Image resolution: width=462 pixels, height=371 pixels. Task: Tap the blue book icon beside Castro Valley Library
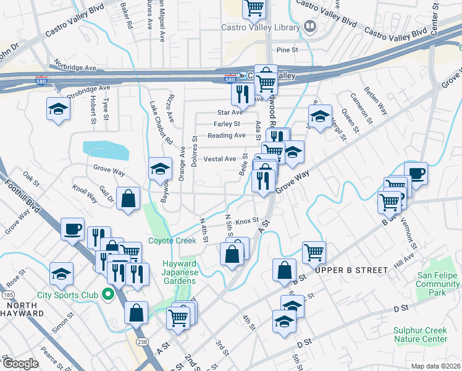(311, 27)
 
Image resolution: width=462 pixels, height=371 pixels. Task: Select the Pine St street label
(287, 49)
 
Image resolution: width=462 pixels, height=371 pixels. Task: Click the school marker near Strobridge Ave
(57, 109)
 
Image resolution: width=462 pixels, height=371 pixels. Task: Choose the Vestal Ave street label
(220, 159)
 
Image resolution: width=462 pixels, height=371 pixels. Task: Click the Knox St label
(246, 220)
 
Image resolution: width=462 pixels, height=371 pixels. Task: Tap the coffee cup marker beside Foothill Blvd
(72, 229)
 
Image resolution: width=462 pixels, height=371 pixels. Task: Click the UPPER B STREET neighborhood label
(351, 270)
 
